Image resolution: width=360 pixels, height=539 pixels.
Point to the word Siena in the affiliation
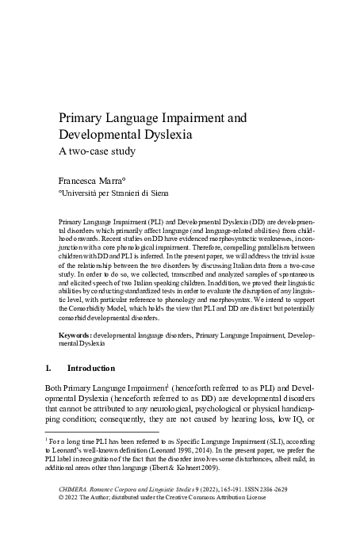point(156,192)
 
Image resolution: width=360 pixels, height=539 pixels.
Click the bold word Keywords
point(75,336)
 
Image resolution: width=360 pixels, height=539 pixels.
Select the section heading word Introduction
point(92,368)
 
